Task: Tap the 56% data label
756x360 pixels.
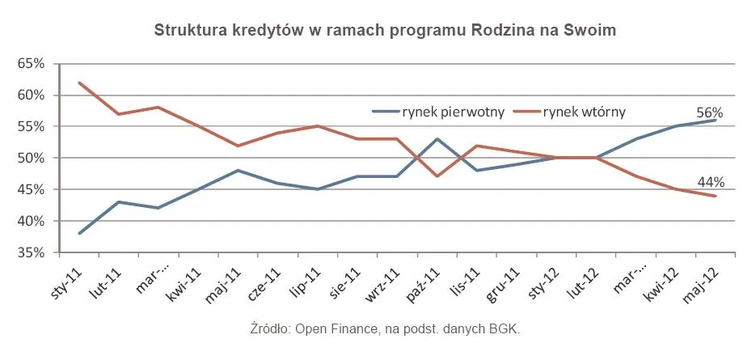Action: coord(709,113)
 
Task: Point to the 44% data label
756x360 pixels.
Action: coord(709,182)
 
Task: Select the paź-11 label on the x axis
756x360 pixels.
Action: coord(423,279)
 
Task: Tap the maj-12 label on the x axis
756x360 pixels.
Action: coord(701,279)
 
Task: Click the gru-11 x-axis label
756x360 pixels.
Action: coord(502,279)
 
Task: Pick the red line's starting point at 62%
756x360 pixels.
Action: coord(79,83)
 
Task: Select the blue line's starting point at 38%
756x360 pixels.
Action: coord(79,234)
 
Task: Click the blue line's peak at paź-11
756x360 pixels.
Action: coord(437,139)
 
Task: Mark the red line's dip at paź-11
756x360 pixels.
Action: coord(437,176)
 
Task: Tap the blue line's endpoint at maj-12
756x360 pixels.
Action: coord(716,120)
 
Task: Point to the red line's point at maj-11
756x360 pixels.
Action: coord(239,146)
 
